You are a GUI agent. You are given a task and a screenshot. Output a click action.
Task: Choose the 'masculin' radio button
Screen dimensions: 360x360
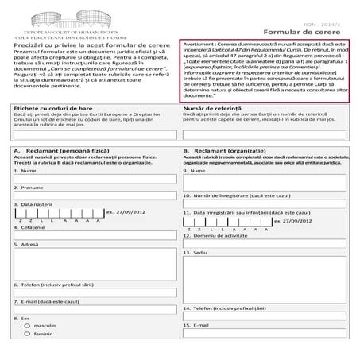[x=28, y=325]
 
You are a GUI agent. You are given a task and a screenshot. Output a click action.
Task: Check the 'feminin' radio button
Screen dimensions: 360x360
[x=28, y=335]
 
